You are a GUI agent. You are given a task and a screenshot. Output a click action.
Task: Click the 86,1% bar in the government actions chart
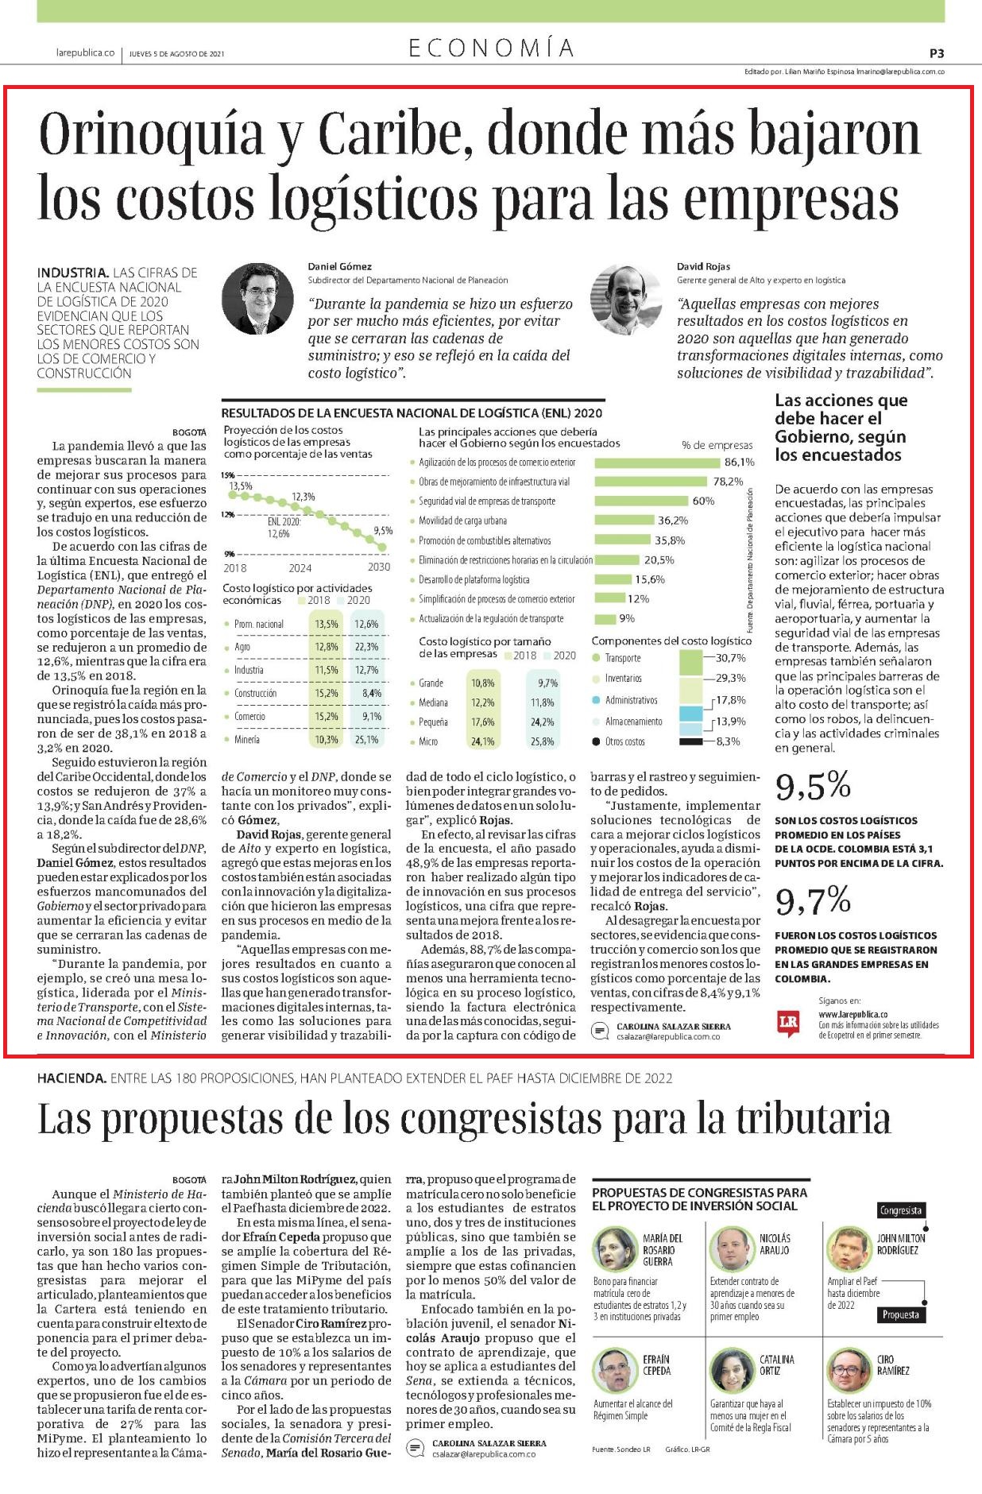click(657, 463)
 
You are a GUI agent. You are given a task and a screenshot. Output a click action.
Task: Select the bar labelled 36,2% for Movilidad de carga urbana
click(624, 521)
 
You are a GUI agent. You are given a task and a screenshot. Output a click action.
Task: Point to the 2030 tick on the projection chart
click(379, 567)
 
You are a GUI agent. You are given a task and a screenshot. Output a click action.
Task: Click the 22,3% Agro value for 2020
click(366, 647)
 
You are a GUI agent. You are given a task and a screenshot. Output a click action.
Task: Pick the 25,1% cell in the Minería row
click(366, 740)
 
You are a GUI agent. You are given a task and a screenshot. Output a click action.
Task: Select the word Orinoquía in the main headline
click(151, 135)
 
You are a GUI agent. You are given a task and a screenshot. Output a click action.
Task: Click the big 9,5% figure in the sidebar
click(813, 786)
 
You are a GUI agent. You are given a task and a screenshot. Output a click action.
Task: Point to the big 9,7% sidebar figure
click(813, 900)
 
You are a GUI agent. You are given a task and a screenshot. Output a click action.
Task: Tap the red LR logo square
click(788, 1023)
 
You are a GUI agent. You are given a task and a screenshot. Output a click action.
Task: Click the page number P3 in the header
click(937, 54)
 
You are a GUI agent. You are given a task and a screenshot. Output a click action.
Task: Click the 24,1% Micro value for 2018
click(482, 741)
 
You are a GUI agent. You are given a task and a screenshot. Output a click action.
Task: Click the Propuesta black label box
click(901, 1314)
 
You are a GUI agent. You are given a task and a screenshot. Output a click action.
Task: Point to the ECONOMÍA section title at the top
click(491, 48)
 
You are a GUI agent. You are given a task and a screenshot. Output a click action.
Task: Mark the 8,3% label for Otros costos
click(728, 741)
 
